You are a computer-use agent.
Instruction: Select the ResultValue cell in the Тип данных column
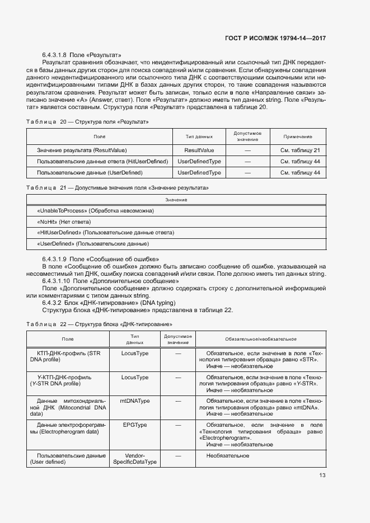coord(199,150)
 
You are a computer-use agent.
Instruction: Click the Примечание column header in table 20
coord(297,136)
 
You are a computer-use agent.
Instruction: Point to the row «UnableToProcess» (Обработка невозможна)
coord(95,211)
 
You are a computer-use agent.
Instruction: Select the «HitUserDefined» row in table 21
coord(105,233)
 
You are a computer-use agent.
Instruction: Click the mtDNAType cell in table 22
coord(134,401)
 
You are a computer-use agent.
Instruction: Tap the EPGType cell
coord(134,426)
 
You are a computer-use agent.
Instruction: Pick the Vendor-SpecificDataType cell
coord(134,459)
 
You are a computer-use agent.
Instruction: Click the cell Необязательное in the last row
coord(227,456)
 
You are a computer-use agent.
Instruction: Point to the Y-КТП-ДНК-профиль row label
coord(64,381)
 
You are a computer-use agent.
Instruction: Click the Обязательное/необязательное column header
coord(260,339)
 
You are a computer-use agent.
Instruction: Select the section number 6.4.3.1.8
coord(54,55)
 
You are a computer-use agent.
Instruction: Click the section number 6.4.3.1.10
coord(56,281)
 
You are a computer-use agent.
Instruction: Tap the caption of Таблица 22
coord(100,324)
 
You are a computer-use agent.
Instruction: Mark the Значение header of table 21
coord(176,200)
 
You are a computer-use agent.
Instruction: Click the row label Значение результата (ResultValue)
coord(82,150)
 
